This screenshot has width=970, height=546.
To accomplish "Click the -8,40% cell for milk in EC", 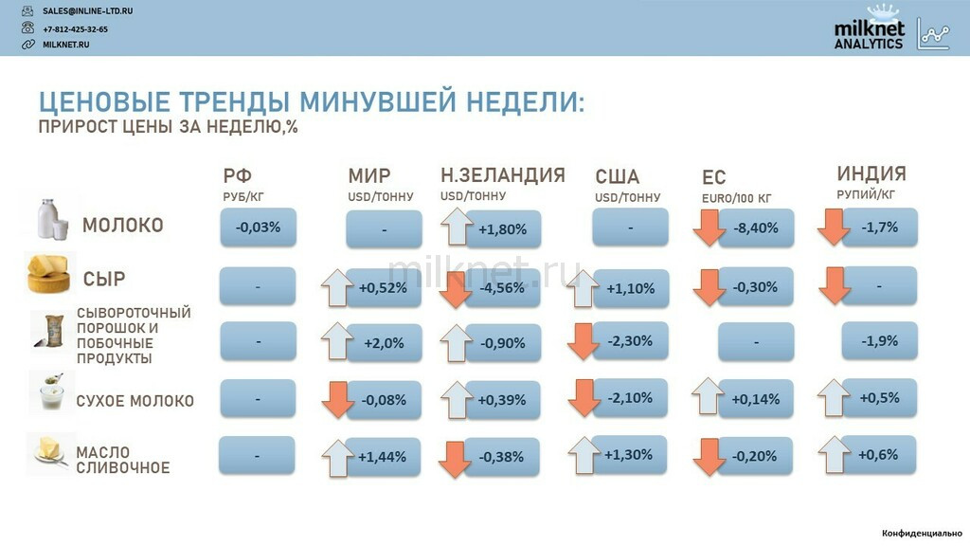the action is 756,227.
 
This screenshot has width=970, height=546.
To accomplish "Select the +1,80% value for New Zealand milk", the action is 503,229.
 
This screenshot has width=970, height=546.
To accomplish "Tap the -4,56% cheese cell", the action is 502,288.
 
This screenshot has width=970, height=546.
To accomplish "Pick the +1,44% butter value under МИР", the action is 383,457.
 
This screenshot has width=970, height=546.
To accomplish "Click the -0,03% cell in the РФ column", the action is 258,227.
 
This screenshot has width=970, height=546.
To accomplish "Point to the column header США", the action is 617,177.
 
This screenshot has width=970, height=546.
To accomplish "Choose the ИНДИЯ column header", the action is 871,173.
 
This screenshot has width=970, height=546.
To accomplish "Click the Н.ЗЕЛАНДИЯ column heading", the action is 502,175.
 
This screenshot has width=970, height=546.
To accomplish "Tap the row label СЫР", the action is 104,280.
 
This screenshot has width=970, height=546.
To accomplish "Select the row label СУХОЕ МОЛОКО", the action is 135,401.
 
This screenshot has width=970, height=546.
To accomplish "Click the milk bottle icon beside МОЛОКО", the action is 52,219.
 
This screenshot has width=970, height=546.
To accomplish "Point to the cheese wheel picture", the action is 48,273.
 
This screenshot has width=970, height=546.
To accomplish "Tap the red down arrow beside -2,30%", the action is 583,340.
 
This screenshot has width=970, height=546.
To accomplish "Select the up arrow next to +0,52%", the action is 337,288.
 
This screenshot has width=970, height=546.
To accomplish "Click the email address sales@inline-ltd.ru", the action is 87,11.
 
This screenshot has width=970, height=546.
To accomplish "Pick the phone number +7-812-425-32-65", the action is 75,29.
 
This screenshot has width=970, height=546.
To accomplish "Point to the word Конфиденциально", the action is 922,533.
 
